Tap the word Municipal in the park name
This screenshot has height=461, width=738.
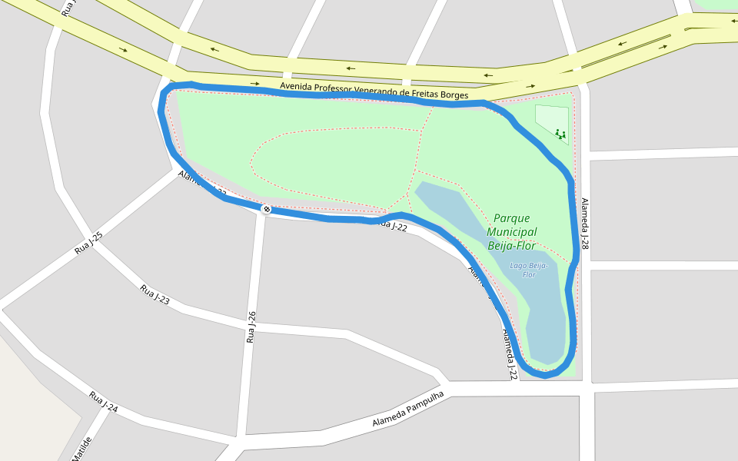pyautogui.click(x=511, y=232)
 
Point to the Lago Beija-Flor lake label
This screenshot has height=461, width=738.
pyautogui.click(x=529, y=270)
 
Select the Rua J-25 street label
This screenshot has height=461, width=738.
pyautogui.click(x=89, y=244)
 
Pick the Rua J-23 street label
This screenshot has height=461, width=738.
pyautogui.click(x=155, y=294)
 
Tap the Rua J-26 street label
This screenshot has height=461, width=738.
pyautogui.click(x=251, y=327)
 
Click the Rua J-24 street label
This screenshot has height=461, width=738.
pyautogui.click(x=103, y=402)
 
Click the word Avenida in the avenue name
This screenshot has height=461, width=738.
pyautogui.click(x=297, y=86)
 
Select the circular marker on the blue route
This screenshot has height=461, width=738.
pyautogui.click(x=267, y=209)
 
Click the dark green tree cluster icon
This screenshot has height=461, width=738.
pyautogui.click(x=560, y=134)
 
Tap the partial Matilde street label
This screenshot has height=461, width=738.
pyautogui.click(x=82, y=449)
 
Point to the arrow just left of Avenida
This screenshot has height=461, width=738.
pyautogui.click(x=255, y=83)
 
